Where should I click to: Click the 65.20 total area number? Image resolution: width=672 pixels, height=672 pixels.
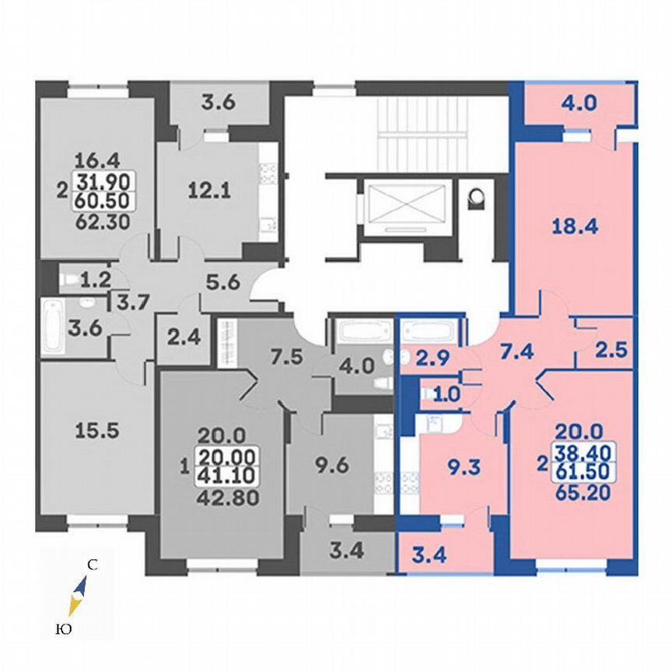click(579, 491)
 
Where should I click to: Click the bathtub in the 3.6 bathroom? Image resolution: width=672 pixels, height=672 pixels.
click(54, 324)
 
